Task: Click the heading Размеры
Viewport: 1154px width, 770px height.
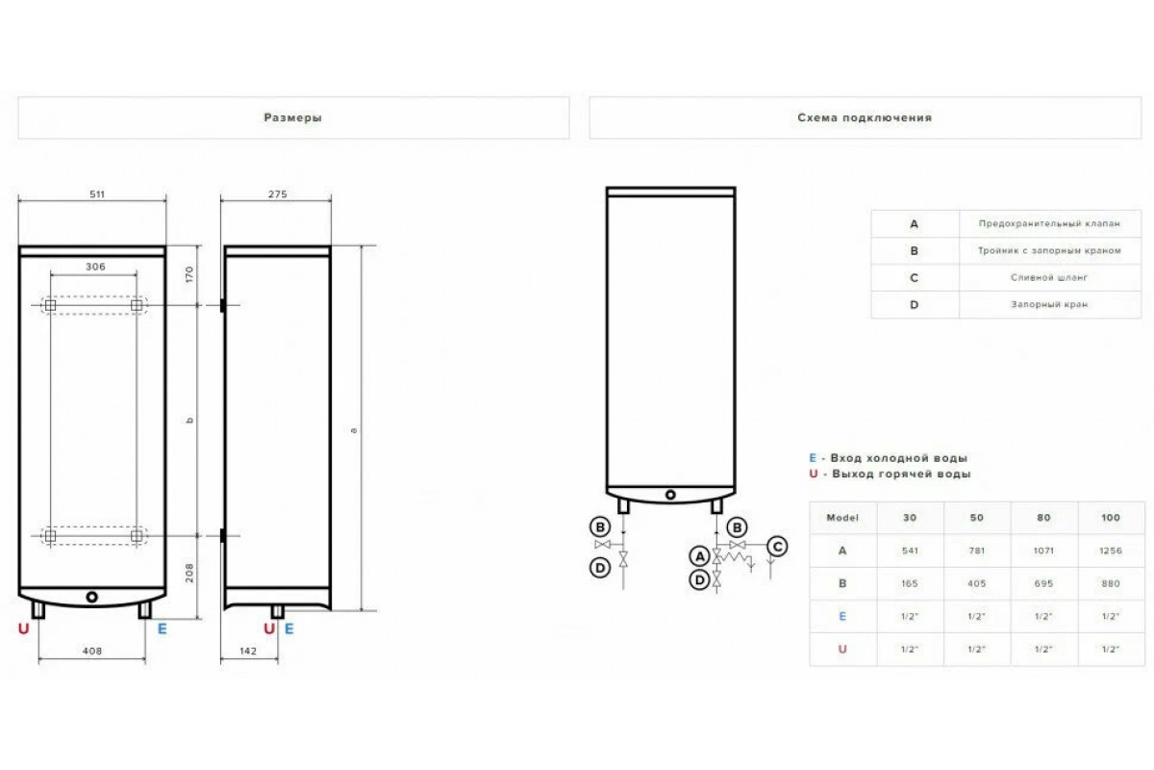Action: point(292,117)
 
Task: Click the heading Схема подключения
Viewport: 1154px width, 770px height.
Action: point(865,117)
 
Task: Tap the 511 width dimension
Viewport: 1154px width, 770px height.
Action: point(97,193)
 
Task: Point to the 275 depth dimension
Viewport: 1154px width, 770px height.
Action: point(277,193)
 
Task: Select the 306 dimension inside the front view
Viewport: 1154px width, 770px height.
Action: point(95,267)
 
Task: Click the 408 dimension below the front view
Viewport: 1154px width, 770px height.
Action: point(92,651)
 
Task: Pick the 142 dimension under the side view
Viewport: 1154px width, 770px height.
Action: point(248,651)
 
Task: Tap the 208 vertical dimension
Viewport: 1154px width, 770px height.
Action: point(189,573)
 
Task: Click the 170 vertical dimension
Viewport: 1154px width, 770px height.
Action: point(189,274)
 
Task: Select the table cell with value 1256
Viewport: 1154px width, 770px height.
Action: point(1110,551)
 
